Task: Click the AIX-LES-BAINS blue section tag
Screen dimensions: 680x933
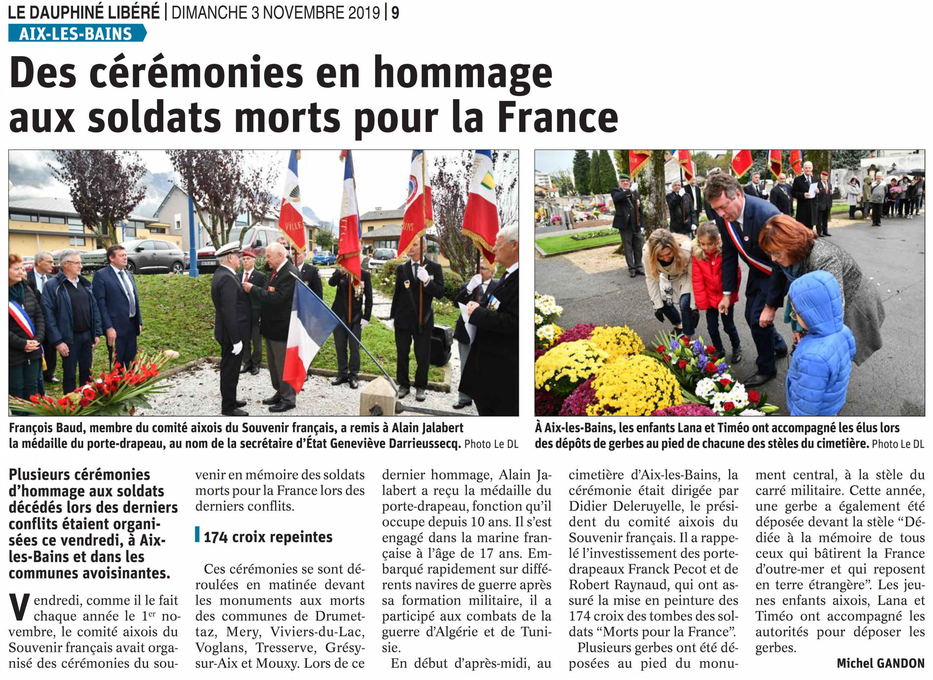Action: tap(76, 33)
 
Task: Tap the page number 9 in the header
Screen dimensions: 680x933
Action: tap(395, 13)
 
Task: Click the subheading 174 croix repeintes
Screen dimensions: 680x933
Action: tap(268, 537)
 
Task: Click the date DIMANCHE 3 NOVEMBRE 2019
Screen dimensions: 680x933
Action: tap(276, 13)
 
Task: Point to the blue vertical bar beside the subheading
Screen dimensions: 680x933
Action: tap(198, 534)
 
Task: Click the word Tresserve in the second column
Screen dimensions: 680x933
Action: tap(286, 648)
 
